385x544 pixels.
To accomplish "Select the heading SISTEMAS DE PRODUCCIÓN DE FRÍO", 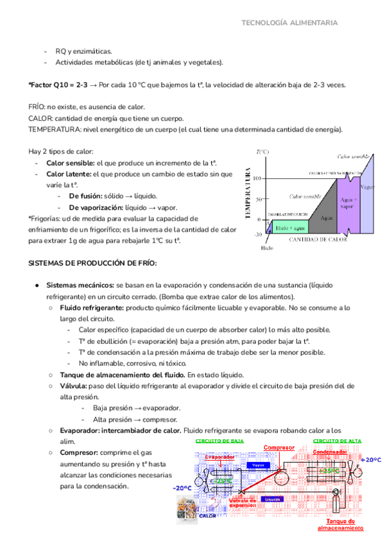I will tap(92, 264).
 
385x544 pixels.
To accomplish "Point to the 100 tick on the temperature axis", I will tap(258, 178).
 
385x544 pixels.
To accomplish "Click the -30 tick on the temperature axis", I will tap(257, 235).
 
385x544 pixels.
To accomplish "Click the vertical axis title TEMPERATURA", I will tap(247, 194).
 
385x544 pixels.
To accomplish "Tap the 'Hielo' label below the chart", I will tap(268, 248).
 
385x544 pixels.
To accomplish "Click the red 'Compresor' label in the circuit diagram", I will tap(278, 447).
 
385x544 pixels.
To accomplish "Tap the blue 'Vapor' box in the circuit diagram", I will tap(258, 465).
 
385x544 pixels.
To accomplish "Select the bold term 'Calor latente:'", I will tap(69, 173).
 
